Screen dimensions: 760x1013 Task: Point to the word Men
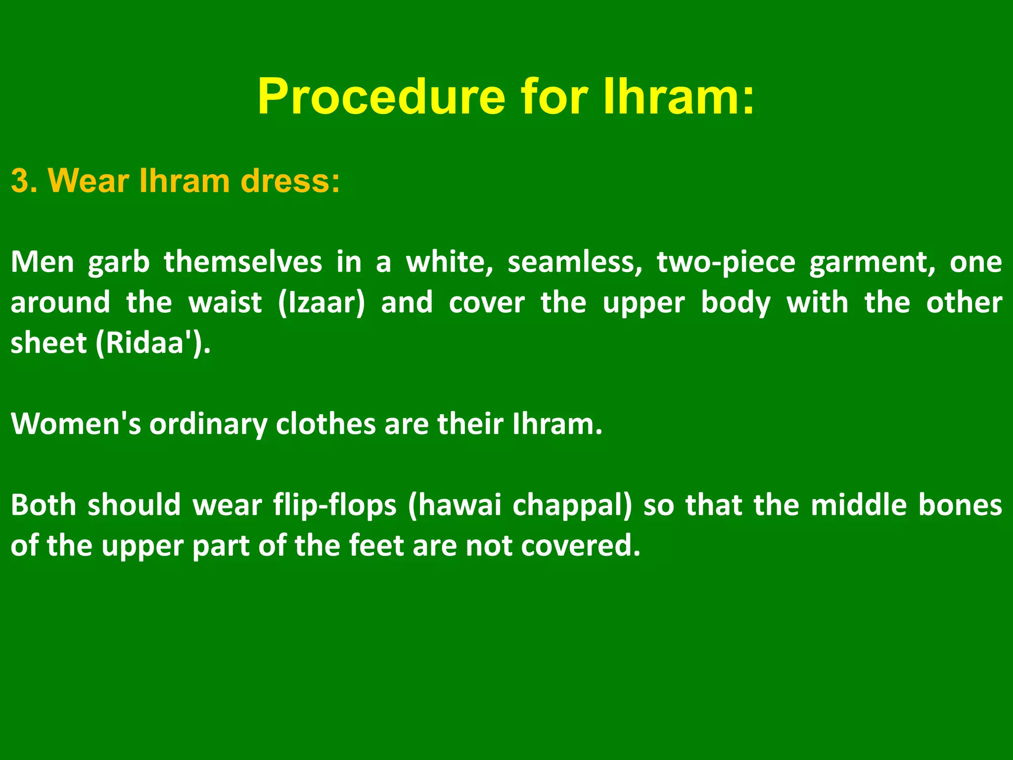(42, 262)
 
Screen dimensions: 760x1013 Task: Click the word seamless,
(574, 262)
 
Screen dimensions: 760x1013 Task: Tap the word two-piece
(726, 262)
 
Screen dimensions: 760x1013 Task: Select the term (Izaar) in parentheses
(322, 303)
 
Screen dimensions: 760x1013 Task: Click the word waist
(225, 303)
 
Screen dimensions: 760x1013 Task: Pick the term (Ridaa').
(153, 343)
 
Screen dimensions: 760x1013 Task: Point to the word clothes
(325, 424)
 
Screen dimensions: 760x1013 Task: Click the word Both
(44, 505)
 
